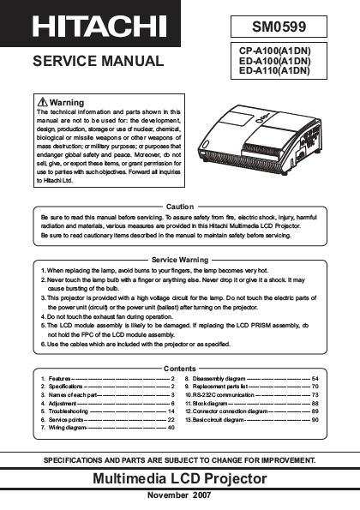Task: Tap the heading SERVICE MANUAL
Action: click(98, 61)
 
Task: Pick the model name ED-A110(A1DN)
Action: click(273, 71)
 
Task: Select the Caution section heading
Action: click(180, 207)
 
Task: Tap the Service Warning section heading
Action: click(180, 259)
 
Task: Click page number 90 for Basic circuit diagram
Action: click(315, 420)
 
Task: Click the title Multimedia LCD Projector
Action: click(180, 477)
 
